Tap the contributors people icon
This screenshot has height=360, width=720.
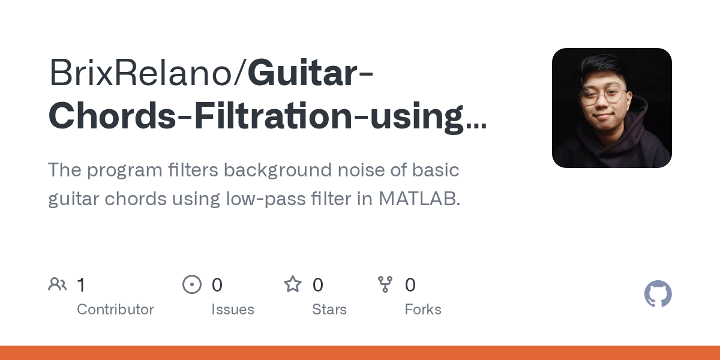point(58,284)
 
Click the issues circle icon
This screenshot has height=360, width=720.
point(192,284)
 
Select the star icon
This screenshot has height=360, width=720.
point(293,284)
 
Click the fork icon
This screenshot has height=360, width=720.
point(385,284)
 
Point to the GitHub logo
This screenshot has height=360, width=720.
point(658,295)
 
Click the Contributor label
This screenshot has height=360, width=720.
point(115,310)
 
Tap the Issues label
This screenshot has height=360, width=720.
point(233,310)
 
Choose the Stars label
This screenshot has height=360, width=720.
point(329,310)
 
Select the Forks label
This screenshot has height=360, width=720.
point(423,310)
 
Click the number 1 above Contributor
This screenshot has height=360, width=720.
point(81,285)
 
